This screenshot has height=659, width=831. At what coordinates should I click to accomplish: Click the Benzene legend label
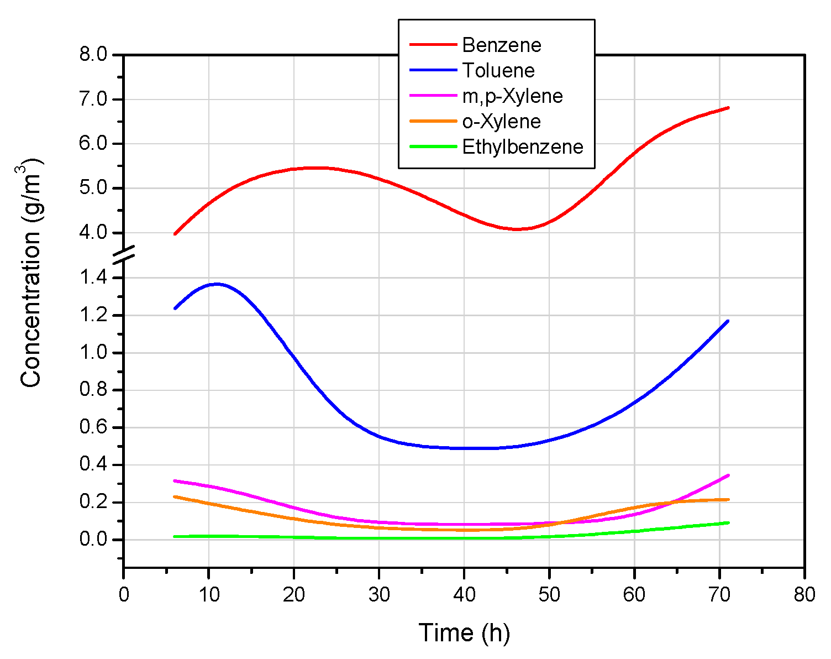click(x=502, y=45)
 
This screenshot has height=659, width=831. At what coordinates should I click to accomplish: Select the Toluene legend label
click(x=498, y=71)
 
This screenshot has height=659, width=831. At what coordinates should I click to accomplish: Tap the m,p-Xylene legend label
click(x=512, y=96)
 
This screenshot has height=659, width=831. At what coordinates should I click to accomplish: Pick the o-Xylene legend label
click(x=502, y=122)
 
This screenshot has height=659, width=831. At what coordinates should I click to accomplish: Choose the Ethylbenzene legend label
click(x=523, y=147)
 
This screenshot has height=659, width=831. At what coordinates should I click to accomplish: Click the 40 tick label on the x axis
click(x=464, y=595)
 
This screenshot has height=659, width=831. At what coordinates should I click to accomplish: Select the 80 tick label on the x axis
click(x=804, y=595)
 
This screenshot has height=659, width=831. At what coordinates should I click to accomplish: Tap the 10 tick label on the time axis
click(x=209, y=595)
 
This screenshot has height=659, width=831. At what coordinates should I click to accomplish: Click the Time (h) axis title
click(x=464, y=633)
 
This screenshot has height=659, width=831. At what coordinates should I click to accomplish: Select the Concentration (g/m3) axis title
click(x=31, y=274)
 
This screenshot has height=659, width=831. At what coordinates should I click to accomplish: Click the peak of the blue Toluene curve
click(x=217, y=284)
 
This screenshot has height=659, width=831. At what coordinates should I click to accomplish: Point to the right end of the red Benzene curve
click(x=728, y=108)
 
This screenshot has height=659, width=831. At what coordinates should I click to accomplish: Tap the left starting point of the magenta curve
click(x=175, y=481)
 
